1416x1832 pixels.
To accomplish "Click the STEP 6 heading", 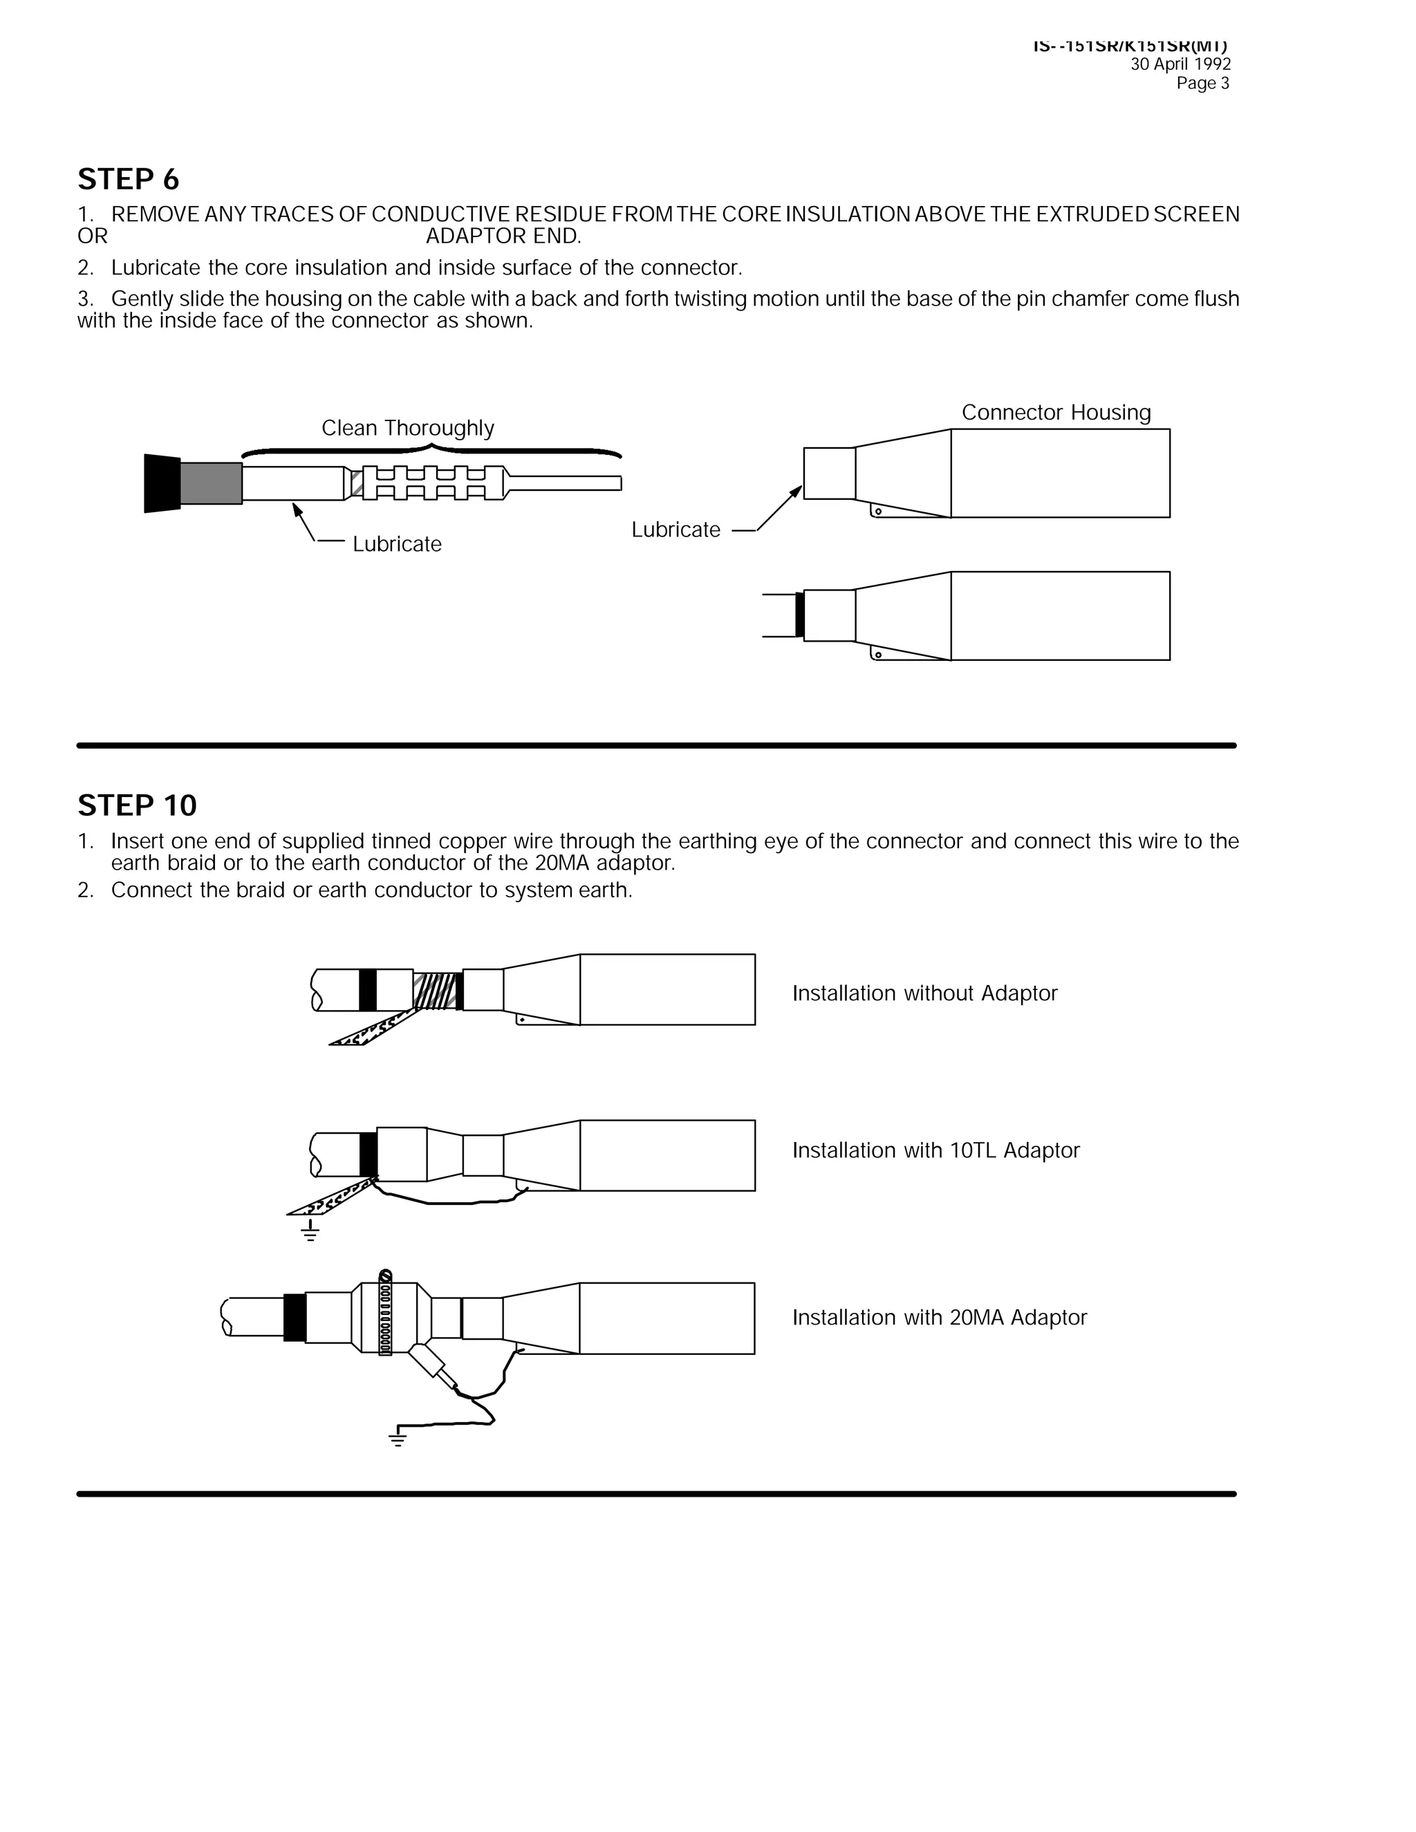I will tap(129, 180).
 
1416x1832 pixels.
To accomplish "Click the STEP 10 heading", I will tap(137, 805).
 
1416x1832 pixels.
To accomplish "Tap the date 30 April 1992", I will tap(1180, 64).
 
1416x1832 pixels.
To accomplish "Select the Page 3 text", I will tap(1202, 83).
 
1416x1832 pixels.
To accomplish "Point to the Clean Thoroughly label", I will tap(408, 428).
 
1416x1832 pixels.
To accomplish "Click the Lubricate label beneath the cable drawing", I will tap(396, 543).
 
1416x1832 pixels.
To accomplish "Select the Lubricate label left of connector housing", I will tap(676, 530).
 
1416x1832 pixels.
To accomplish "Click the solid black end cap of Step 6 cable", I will tap(162, 483).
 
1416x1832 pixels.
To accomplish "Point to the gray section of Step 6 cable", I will tap(211, 483).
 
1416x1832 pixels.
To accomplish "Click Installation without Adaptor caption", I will tap(924, 993).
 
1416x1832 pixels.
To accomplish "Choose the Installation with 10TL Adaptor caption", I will tap(935, 1150).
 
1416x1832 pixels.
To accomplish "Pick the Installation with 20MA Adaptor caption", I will tap(939, 1317).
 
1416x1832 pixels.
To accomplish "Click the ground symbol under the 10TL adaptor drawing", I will tap(310, 1231).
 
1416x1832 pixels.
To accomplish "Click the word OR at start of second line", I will tap(92, 236).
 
